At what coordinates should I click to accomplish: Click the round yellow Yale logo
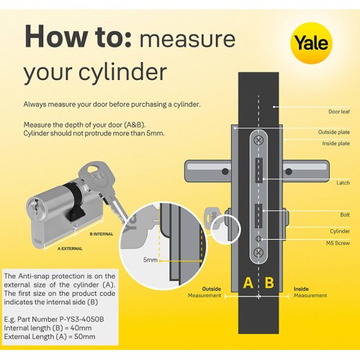(311, 43)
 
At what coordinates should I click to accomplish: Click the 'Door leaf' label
(339, 112)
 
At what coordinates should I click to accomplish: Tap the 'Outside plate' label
(334, 132)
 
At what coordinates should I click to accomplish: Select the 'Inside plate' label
(336, 143)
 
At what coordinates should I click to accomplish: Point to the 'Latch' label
(343, 183)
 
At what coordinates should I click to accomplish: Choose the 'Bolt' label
(345, 215)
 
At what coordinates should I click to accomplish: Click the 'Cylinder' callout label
(340, 231)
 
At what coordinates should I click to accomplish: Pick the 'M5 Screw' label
(338, 243)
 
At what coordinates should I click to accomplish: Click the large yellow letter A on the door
(248, 282)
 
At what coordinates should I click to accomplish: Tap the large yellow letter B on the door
(269, 282)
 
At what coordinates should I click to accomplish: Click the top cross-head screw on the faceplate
(258, 140)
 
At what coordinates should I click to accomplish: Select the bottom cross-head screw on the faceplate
(258, 252)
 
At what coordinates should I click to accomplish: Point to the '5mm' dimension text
(150, 260)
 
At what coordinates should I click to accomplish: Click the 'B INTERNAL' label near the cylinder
(102, 234)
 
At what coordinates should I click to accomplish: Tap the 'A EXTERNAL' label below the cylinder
(70, 248)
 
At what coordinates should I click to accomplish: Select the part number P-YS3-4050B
(81, 320)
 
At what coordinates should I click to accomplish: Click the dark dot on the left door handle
(225, 171)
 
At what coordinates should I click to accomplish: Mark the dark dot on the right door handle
(289, 171)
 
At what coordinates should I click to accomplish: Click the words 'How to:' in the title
(78, 36)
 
